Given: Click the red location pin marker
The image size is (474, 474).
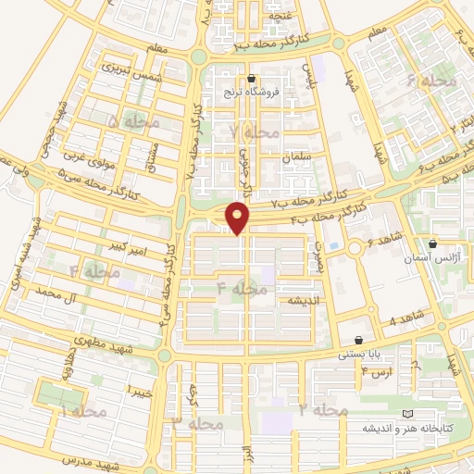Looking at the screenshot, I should [239, 218].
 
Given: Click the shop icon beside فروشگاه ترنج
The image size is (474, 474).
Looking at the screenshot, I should [252, 79].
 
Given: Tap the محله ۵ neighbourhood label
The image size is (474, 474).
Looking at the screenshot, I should [133, 121].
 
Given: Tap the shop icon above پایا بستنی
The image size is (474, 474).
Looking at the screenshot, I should [357, 340].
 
